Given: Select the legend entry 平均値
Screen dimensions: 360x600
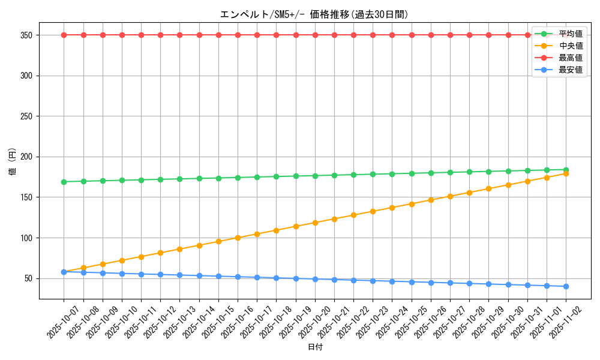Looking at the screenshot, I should [x=571, y=34].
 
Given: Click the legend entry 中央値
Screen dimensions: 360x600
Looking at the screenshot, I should [x=571, y=46].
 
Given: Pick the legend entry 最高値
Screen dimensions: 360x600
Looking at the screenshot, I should [x=571, y=58].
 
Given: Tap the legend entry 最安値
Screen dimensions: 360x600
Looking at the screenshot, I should [x=571, y=70].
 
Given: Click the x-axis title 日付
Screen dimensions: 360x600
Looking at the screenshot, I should [x=314, y=347].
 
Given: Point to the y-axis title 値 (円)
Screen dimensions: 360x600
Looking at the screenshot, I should [x=12, y=162].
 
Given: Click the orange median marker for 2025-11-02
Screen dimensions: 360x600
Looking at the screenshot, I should [x=566, y=173].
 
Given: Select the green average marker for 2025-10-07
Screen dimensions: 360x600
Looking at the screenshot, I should [x=64, y=182].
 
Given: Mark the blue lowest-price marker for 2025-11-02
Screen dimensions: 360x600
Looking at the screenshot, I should [x=566, y=286].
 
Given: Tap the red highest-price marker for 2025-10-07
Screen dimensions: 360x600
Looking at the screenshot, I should [x=64, y=35].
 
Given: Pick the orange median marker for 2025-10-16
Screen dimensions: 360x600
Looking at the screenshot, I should [x=238, y=238].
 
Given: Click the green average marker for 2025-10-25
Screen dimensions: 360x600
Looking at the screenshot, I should [x=412, y=173].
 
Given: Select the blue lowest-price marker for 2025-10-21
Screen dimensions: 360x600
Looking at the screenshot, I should [x=334, y=280].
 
